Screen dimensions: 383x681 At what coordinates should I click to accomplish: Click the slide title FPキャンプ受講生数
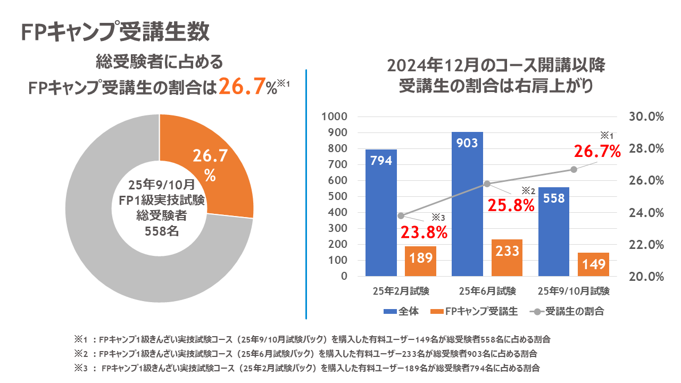click(115, 31)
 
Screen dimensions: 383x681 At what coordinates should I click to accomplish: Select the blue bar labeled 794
click(381, 213)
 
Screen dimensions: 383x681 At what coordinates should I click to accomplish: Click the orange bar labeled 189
click(420, 261)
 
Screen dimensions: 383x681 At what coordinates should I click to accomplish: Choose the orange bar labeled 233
click(507, 258)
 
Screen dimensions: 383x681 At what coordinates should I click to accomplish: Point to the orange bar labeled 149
click(593, 264)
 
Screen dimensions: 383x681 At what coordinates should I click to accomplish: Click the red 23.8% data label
click(423, 232)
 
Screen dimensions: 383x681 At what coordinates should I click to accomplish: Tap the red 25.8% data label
click(511, 205)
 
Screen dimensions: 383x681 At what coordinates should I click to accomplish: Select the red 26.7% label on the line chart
click(597, 152)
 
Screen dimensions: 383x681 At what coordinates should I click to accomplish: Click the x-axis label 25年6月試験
click(487, 291)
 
